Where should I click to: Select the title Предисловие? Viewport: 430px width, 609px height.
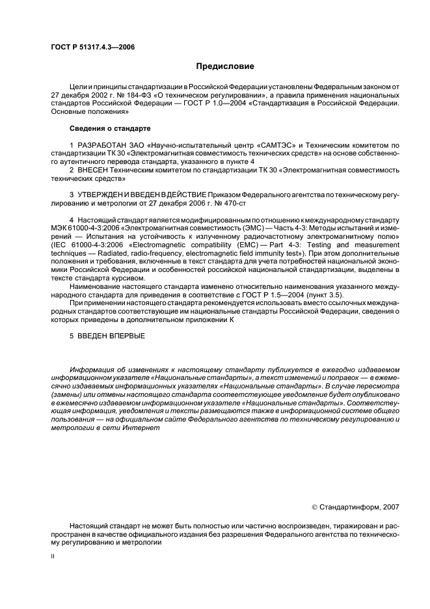(225, 66)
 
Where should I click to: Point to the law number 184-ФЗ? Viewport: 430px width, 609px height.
(153, 95)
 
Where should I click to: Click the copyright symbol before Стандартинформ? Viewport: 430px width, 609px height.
(316, 506)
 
